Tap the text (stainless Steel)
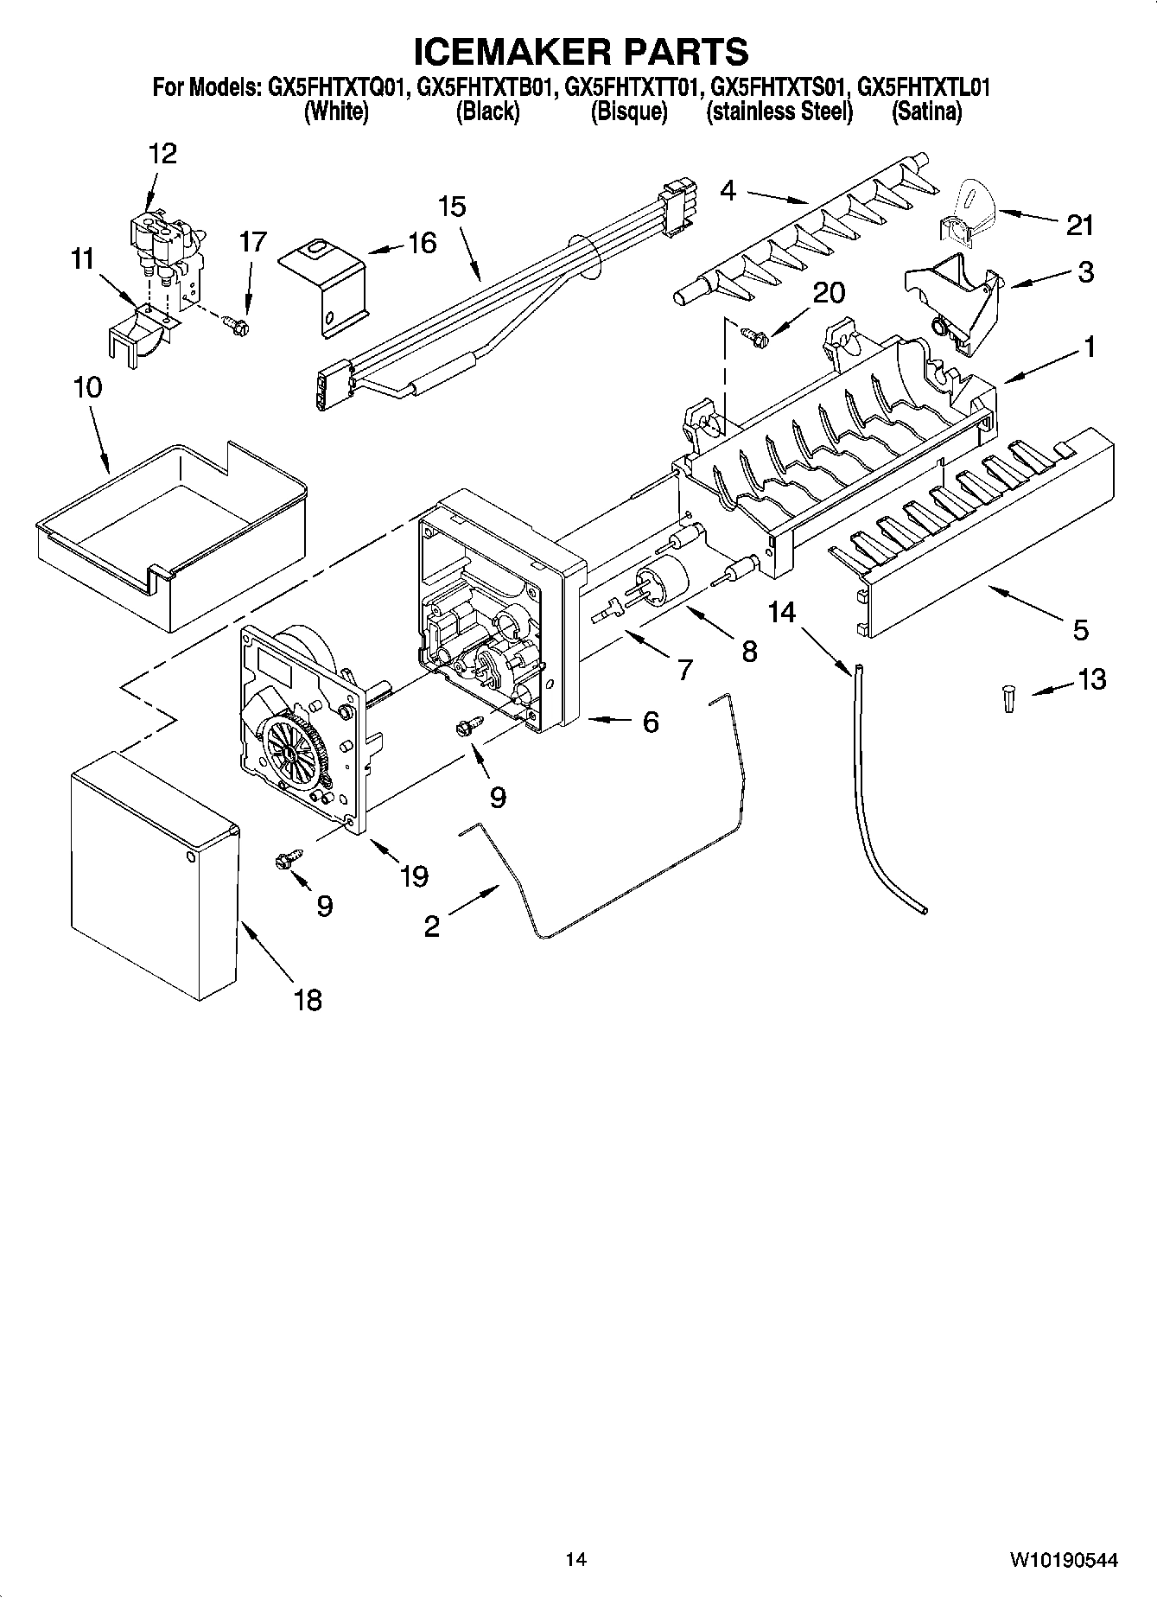(779, 111)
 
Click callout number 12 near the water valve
(162, 154)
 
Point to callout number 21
(1079, 226)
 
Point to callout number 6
(650, 721)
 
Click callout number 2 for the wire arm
(432, 927)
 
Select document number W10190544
(1063, 1561)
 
